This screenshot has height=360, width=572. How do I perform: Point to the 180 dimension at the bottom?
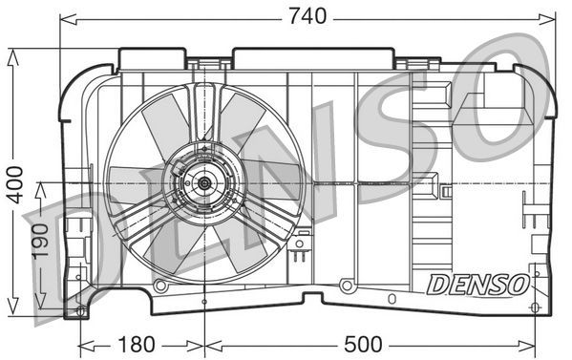pos(140,343)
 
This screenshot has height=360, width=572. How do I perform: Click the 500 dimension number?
pos(363,343)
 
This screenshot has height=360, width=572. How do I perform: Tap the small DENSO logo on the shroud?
pos(476,284)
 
